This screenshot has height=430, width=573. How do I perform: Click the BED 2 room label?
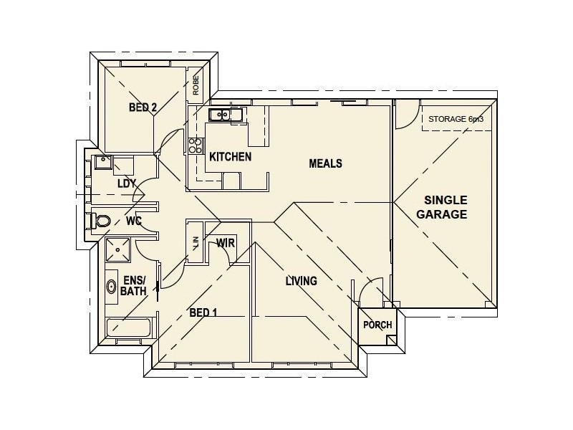click(143, 107)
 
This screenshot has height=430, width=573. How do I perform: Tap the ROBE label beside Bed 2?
click(196, 85)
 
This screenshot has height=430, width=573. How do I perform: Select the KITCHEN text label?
click(230, 157)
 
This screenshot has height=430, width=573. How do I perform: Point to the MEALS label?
click(326, 163)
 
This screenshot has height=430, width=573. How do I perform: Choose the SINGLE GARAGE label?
click(442, 207)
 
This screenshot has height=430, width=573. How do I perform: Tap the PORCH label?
click(377, 325)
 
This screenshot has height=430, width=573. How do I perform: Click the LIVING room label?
click(301, 281)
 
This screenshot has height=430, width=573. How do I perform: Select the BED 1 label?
click(203, 312)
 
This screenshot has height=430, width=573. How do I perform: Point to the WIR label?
click(225, 243)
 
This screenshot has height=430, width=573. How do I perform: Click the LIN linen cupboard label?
click(196, 243)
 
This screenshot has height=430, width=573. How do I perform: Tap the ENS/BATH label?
click(133, 286)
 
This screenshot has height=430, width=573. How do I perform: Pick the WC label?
click(134, 221)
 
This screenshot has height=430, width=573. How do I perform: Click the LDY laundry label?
click(127, 183)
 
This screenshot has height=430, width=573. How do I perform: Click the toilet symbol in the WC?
click(100, 221)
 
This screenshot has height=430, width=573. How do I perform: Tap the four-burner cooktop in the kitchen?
click(195, 145)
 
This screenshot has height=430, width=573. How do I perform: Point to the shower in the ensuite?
click(117, 249)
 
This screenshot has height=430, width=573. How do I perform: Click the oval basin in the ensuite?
click(112, 287)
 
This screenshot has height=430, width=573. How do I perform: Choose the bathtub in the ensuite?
click(128, 328)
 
